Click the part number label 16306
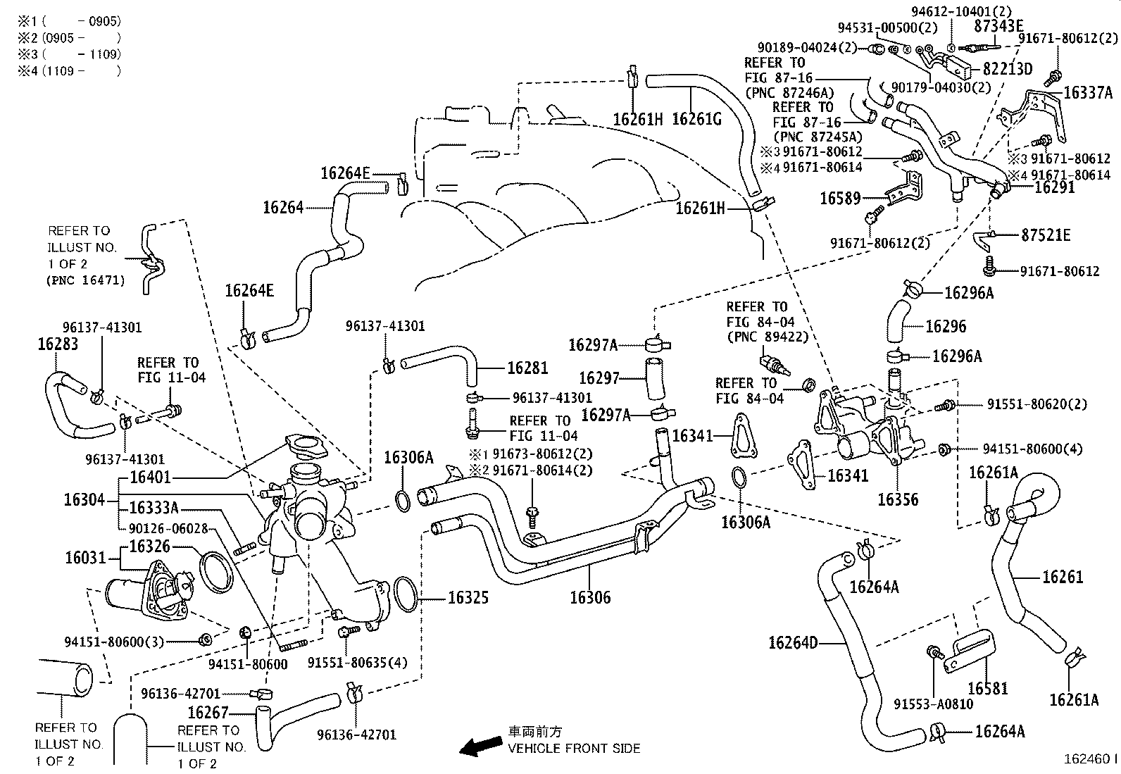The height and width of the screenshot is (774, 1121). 590,598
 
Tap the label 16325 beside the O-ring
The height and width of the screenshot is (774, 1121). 468,598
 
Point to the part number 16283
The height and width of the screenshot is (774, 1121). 58,344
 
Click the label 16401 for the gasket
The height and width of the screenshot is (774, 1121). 151,478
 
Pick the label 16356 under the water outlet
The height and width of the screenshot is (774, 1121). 898,499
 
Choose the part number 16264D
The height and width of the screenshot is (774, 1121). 794,642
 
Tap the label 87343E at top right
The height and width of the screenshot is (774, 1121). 998,26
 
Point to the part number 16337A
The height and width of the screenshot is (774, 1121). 1088,92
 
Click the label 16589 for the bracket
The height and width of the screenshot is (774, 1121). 840,199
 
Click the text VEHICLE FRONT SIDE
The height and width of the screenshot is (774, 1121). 574,748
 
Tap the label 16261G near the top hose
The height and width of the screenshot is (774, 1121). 696,118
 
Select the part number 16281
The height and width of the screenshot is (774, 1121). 527,368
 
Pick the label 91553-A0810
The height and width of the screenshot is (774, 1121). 934,704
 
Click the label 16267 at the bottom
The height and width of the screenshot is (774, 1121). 208,712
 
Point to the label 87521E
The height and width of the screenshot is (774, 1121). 1046,236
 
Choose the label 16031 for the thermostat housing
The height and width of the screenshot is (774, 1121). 85,558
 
